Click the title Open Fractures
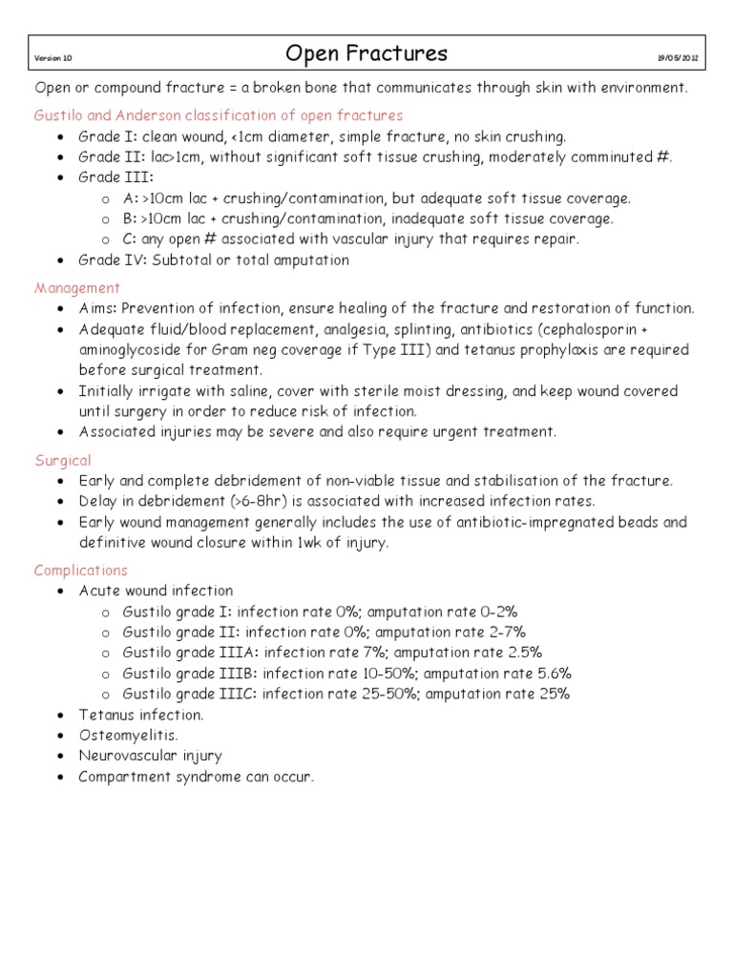pos(366,53)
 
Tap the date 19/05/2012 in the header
pos(678,58)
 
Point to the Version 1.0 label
pos(53,58)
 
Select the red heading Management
pos(77,287)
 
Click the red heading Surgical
pos(63,460)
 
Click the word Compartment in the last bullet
pos(123,777)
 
